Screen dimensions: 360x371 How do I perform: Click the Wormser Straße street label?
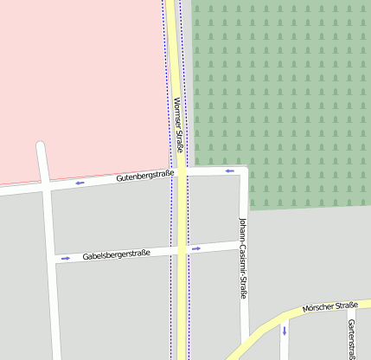pyautogui.click(x=176, y=125)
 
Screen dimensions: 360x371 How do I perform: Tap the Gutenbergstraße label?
pyautogui.click(x=144, y=177)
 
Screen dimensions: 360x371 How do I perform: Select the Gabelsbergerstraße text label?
pyautogui.click(x=117, y=254)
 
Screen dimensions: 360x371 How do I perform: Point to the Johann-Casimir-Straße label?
pyautogui.click(x=243, y=258)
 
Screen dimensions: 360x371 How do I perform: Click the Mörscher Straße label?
pyautogui.click(x=329, y=308)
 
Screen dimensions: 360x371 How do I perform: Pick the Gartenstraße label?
pyautogui.click(x=351, y=338)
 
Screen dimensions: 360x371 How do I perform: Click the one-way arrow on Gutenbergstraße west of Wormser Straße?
pyautogui.click(x=80, y=183)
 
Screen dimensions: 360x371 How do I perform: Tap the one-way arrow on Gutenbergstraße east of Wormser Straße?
pyautogui.click(x=230, y=170)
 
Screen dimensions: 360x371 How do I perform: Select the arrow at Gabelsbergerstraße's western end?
pyautogui.click(x=65, y=258)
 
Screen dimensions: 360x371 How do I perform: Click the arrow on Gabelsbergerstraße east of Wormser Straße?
pyautogui.click(x=196, y=249)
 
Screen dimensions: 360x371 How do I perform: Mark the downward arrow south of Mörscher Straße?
pyautogui.click(x=284, y=331)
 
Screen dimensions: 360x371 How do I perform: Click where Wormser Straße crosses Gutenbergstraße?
pyautogui.click(x=181, y=174)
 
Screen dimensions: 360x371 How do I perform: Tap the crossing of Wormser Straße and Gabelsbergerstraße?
pyautogui.click(x=182, y=250)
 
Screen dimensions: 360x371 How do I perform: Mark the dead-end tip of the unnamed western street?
pyautogui.click(x=40, y=145)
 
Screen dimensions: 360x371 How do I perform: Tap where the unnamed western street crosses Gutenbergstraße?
pyautogui.click(x=45, y=187)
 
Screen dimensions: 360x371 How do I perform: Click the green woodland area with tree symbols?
pyautogui.click(x=285, y=87)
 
